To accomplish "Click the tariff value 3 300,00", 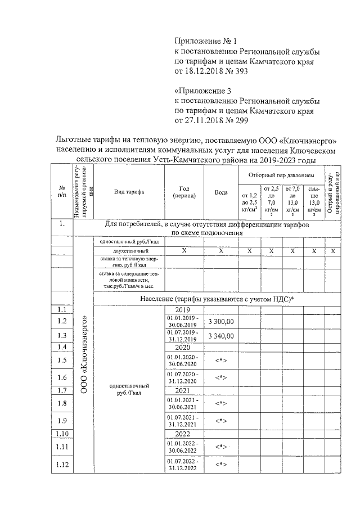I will [x=221, y=321].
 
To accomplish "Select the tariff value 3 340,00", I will [x=221, y=336].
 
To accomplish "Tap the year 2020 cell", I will [x=183, y=348].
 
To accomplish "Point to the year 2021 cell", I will [x=183, y=390].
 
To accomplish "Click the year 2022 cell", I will [x=183, y=434].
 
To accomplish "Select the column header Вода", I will [x=221, y=192].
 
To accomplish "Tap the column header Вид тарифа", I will [x=129, y=192].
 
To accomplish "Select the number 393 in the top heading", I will [x=240, y=71].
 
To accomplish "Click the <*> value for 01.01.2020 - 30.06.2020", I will [x=221, y=361].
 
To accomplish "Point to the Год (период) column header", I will [x=183, y=192].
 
